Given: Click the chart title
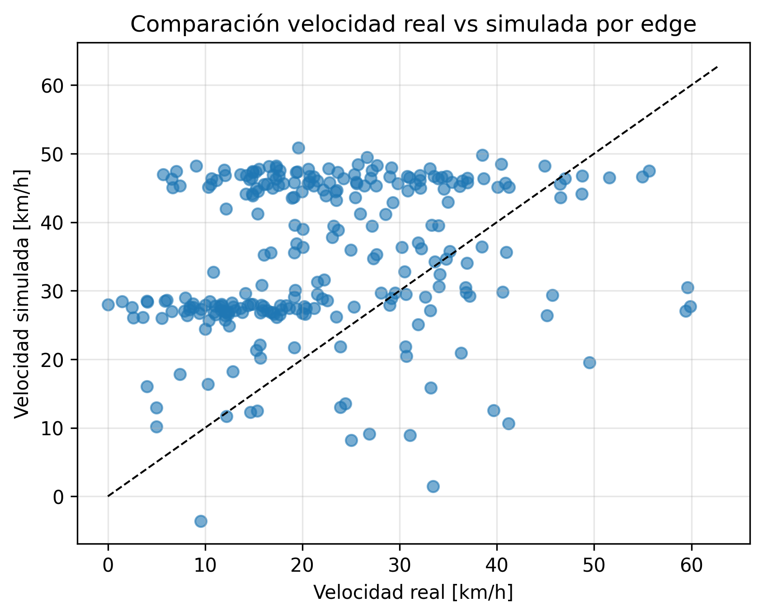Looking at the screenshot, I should [413, 25].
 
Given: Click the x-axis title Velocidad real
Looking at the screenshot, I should [413, 593].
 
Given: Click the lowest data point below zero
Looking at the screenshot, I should [201, 521].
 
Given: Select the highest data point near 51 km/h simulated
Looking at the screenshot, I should [298, 148].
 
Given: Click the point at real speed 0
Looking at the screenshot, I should [108, 305].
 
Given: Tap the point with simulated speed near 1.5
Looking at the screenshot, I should [433, 486].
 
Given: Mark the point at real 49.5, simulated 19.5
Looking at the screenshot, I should [589, 362].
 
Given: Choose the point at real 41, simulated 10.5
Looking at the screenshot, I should [509, 423].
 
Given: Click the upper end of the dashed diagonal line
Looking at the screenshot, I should [717, 67].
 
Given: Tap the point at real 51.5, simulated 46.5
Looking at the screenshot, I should [609, 178].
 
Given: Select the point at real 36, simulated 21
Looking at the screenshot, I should [461, 353].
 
